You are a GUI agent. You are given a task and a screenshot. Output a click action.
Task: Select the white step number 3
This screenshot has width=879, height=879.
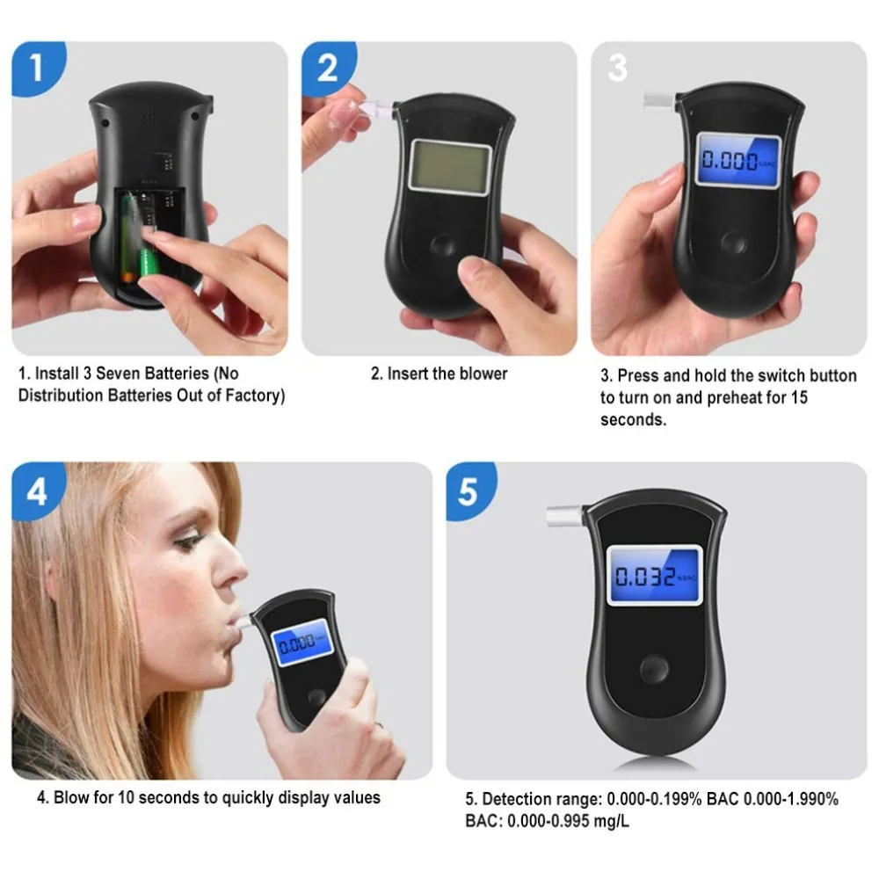[x=617, y=68]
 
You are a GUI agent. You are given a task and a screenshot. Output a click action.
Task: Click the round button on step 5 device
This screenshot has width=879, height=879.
[x=654, y=669]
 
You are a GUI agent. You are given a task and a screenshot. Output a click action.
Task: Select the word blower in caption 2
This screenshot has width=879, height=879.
[x=481, y=374]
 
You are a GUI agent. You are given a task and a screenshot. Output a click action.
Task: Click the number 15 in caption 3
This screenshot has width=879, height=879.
[x=799, y=397]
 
